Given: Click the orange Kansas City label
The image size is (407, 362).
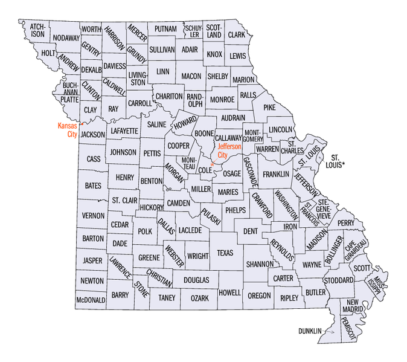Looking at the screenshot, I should pos(67,130).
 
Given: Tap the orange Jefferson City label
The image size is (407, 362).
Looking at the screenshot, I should pos(229,151).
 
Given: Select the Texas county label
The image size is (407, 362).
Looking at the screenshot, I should pos(225,253).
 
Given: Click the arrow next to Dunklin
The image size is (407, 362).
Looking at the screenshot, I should pos(330,331).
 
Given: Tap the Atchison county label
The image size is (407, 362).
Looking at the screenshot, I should pos(37,30).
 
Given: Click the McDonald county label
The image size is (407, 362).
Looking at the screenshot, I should pos(91,300).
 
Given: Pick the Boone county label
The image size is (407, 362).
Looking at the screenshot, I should pos(204,134).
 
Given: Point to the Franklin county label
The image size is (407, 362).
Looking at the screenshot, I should pos(276,174).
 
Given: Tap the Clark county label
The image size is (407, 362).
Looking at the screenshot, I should pos(236,35).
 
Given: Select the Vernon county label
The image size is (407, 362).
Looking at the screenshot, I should pos(93,215).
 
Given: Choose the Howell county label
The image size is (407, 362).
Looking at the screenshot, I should pos(229,293).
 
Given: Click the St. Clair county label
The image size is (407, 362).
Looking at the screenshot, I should pos(124,199).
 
